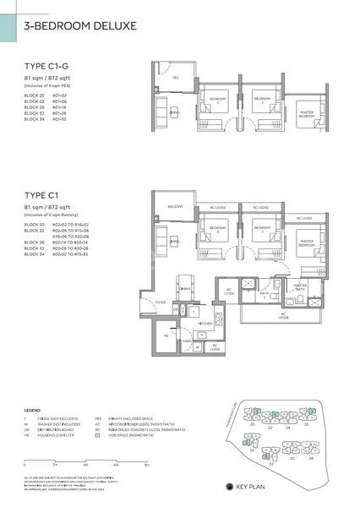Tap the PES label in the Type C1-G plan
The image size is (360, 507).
click(x=176, y=78)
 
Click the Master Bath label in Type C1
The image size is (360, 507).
click(x=299, y=286)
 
